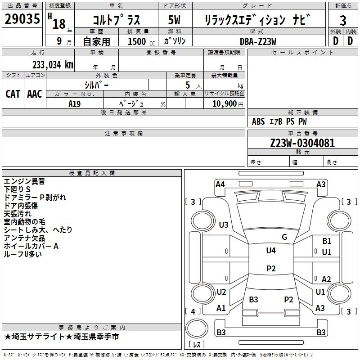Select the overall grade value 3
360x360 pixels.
pos(343,21)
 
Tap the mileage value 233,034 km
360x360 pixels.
pos(53,64)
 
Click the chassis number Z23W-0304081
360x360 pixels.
pos(302,143)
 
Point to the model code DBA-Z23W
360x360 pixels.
pos(258,41)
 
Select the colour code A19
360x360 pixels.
pos(75,103)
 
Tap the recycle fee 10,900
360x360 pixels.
pos(224,103)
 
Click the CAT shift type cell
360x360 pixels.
pos(13,94)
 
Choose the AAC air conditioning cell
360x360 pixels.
pos(35,94)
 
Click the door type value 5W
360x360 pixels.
pos(175,20)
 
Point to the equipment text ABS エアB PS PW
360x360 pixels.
pos(279,121)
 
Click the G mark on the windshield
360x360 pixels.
pos(284,237)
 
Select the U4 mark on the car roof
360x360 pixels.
pos(270,251)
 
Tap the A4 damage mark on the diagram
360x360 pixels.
pos(220,184)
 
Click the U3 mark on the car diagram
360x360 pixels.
pos(223,225)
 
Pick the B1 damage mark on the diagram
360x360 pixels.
pos(327,241)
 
